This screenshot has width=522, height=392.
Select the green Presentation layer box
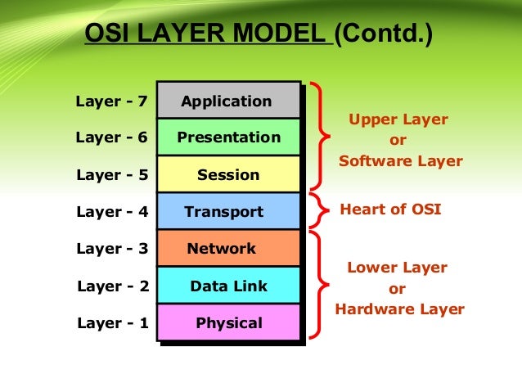(x=228, y=137)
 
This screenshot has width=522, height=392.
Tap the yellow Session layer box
(x=228, y=174)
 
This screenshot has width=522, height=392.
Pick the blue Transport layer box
(x=228, y=211)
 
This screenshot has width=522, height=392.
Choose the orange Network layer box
(x=228, y=248)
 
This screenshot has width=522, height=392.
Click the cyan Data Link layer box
(x=228, y=286)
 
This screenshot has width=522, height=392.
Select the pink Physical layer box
(x=228, y=322)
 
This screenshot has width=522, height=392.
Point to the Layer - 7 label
(x=111, y=102)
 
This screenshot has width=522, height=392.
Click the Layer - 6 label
(x=111, y=137)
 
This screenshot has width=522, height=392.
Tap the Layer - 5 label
(x=111, y=174)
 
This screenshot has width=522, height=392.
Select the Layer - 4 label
(x=111, y=212)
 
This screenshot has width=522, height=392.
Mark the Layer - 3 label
(x=111, y=249)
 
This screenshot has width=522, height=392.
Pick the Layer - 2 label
(x=112, y=286)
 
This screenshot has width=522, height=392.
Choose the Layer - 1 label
(x=112, y=323)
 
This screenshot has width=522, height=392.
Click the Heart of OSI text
(x=390, y=209)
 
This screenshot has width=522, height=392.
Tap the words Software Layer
(x=400, y=161)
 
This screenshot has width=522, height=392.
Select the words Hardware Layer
(x=399, y=309)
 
